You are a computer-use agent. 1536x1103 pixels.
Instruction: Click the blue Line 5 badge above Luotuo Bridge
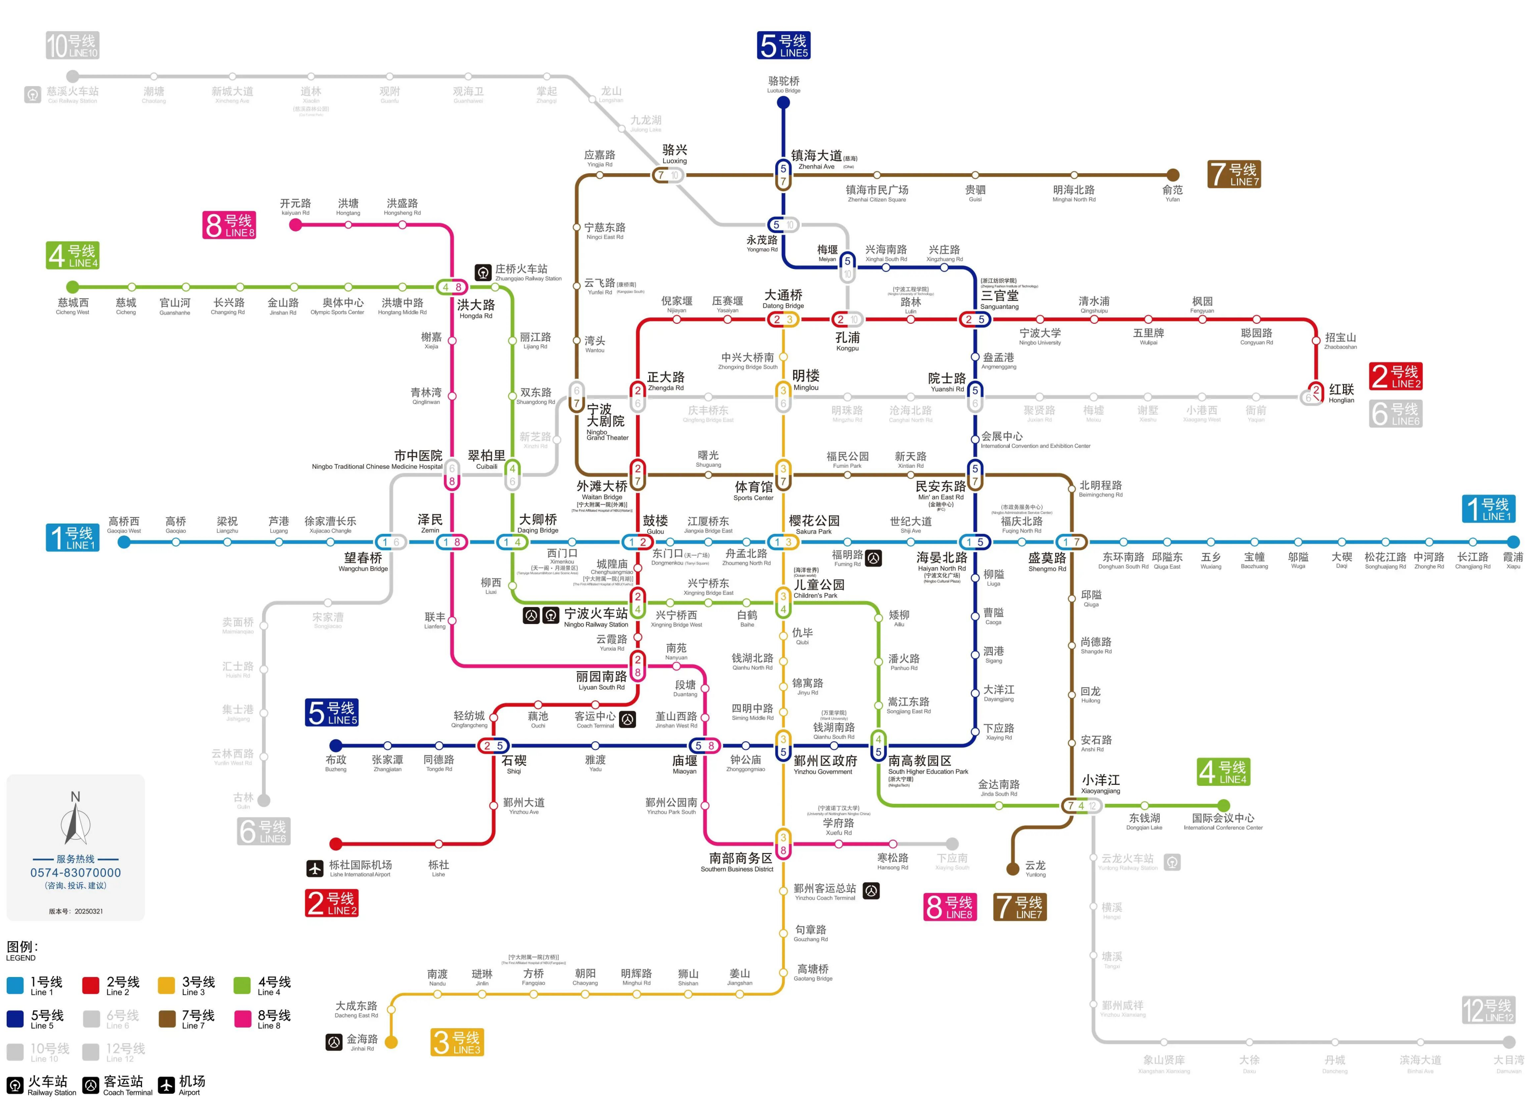click(783, 46)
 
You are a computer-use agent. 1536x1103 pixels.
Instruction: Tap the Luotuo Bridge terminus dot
click(783, 103)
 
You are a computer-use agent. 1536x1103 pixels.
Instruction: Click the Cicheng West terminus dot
click(73, 287)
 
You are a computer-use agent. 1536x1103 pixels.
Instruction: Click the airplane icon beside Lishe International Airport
click(315, 868)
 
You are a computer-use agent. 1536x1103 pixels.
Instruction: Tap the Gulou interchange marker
click(637, 542)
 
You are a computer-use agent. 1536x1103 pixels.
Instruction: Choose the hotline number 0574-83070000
click(75, 872)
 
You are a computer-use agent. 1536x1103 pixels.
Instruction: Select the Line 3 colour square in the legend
click(166, 985)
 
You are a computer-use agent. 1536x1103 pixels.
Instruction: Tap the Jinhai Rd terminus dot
click(392, 1042)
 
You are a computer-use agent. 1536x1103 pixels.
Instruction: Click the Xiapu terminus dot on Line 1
click(1513, 542)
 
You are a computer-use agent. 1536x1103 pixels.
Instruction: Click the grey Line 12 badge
click(1487, 1011)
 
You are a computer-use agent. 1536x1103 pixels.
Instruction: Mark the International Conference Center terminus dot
click(1223, 805)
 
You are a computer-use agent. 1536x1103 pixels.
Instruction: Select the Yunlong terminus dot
click(1013, 868)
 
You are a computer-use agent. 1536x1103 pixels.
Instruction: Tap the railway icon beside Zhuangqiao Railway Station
click(483, 273)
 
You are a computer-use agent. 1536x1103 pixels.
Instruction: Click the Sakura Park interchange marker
click(783, 542)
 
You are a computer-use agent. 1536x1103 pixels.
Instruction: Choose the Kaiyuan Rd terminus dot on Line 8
click(295, 225)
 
